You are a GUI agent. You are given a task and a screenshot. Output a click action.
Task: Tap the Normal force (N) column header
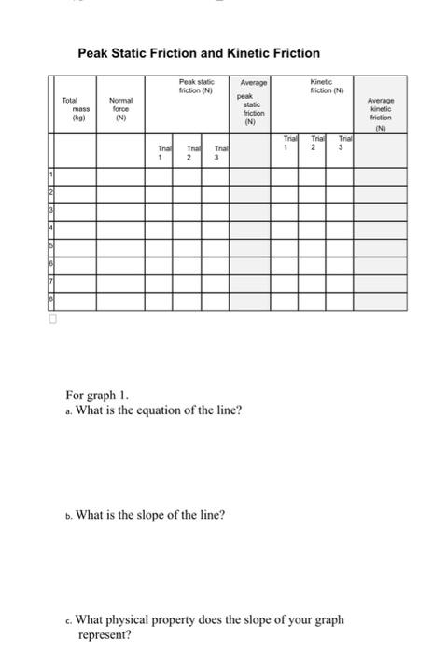click(120, 109)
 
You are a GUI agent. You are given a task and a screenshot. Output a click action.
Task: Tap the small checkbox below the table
click(53, 318)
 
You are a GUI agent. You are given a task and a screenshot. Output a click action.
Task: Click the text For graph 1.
click(115, 394)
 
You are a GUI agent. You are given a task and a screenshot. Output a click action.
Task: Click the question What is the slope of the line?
click(155, 514)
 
